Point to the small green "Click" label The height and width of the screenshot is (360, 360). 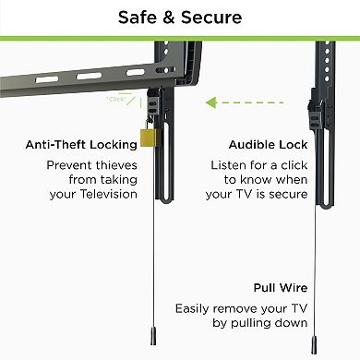(x=116, y=98)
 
